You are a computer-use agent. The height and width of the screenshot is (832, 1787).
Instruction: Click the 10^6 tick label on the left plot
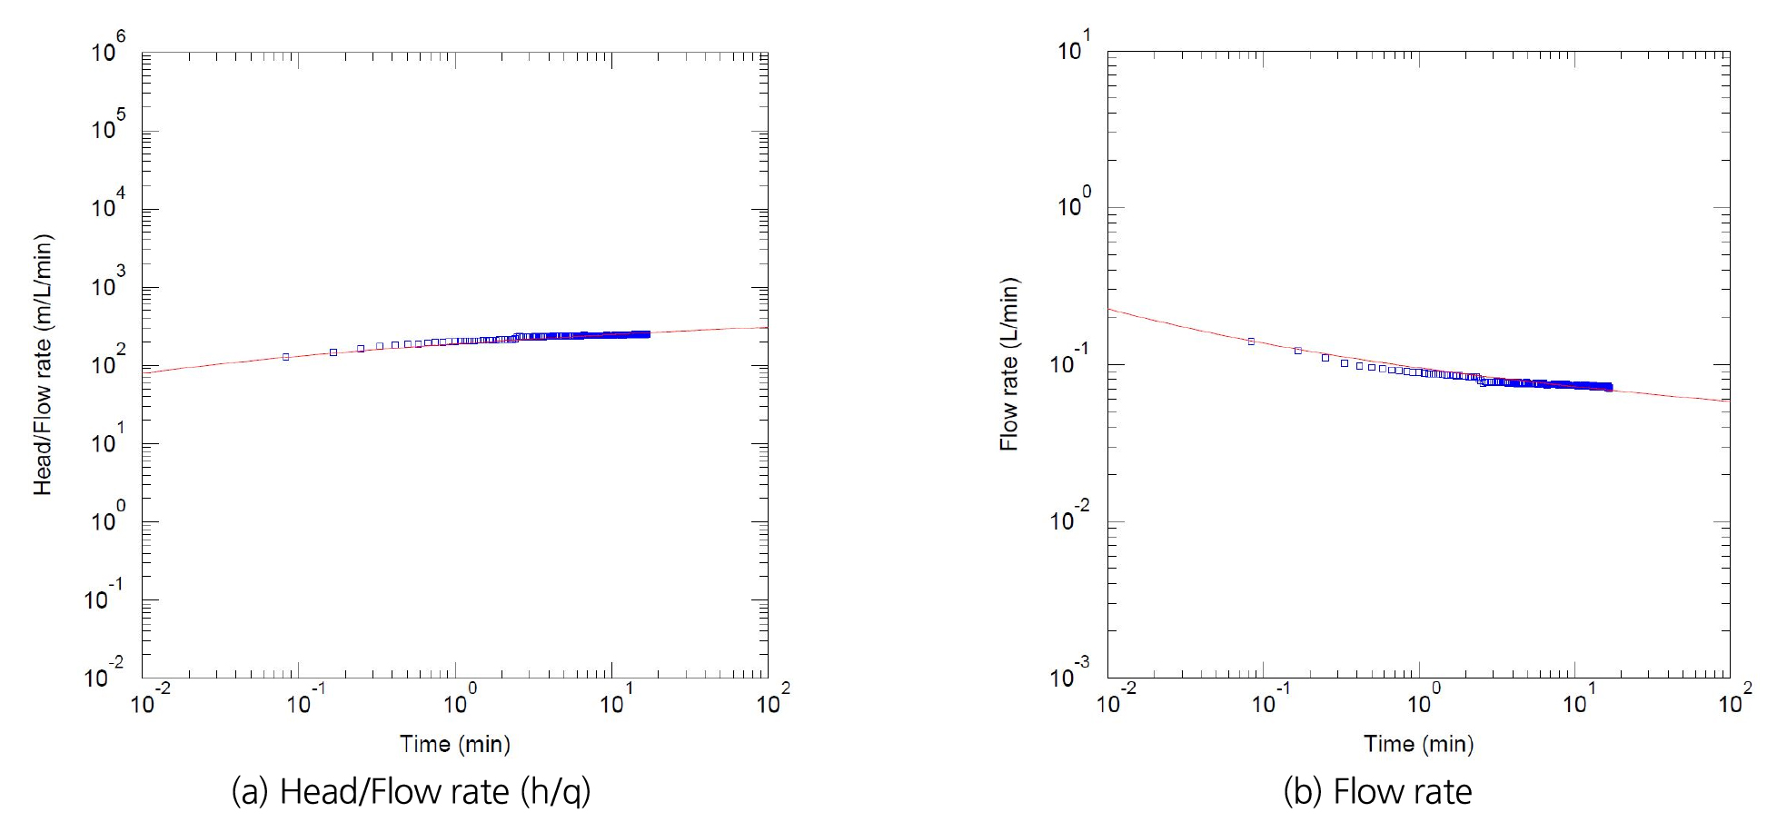point(108,47)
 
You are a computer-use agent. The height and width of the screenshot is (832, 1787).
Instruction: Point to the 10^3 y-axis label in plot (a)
point(108,282)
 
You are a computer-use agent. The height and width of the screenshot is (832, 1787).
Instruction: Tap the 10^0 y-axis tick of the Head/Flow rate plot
point(108,517)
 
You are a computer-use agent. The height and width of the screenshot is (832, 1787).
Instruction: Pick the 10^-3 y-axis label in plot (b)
point(1069,673)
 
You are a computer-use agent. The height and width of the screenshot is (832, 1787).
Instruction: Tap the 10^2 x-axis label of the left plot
point(773,699)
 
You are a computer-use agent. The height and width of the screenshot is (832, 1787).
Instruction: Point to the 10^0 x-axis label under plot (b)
point(1423,699)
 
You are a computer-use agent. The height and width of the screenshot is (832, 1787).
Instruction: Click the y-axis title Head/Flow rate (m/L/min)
point(43,364)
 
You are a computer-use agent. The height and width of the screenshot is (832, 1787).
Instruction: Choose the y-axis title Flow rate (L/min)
point(1008,364)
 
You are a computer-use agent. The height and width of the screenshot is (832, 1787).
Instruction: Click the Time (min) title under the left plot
point(455,745)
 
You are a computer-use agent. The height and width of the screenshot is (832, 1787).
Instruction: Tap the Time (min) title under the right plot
point(1418,744)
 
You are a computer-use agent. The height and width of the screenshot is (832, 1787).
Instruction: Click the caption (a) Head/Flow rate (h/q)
point(411,792)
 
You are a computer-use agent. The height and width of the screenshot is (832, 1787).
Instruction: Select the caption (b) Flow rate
point(1377,792)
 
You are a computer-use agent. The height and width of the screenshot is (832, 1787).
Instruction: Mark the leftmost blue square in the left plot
point(286,357)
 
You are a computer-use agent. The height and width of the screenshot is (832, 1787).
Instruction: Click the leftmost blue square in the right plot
point(1251,342)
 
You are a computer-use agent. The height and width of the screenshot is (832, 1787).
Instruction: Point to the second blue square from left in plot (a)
point(333,352)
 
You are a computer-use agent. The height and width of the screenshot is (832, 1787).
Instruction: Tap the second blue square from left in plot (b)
point(1297,351)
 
